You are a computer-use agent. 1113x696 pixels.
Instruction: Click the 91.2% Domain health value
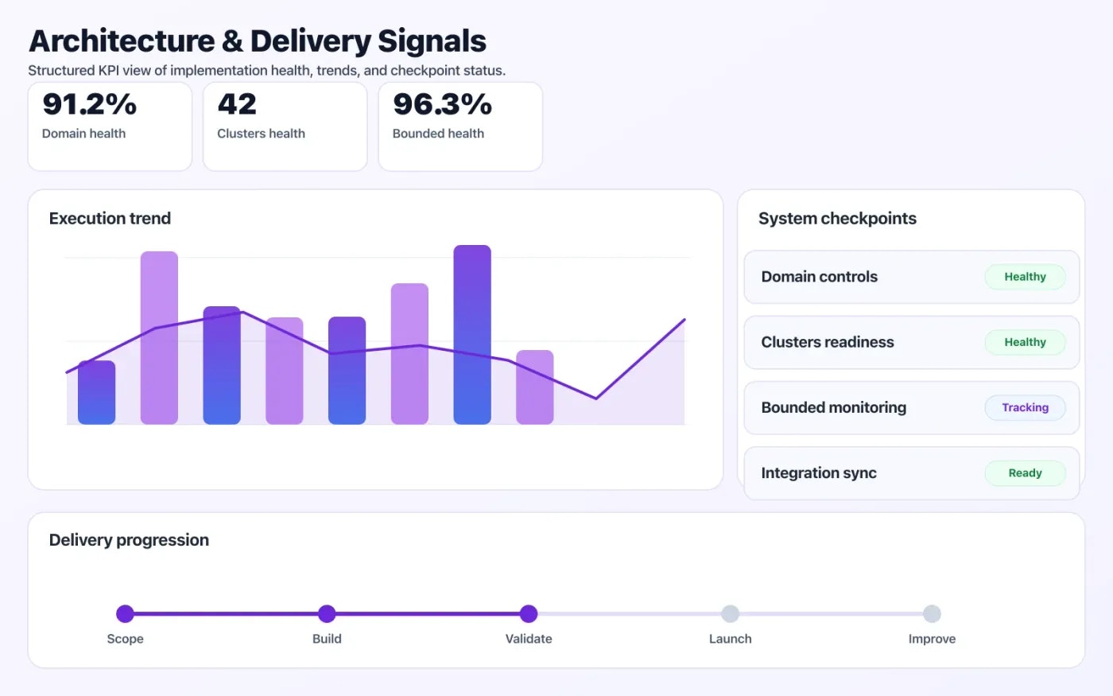click(x=89, y=105)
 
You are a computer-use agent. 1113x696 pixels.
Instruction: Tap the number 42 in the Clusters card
click(x=237, y=105)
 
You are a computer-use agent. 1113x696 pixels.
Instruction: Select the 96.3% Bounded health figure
click(x=442, y=105)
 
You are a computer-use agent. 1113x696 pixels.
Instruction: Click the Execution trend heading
click(x=110, y=219)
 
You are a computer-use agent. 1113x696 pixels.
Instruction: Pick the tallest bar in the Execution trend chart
click(x=472, y=334)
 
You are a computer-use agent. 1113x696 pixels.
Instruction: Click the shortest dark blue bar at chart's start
click(x=96, y=392)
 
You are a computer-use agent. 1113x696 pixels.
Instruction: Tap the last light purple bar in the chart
click(x=534, y=387)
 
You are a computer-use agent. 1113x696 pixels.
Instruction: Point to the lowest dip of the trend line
click(x=595, y=398)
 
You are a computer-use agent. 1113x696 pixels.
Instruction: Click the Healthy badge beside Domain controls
click(x=1025, y=277)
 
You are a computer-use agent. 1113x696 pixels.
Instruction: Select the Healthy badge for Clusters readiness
click(x=1025, y=342)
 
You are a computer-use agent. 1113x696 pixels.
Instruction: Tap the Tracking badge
click(x=1025, y=407)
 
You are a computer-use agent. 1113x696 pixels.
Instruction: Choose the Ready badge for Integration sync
click(x=1025, y=472)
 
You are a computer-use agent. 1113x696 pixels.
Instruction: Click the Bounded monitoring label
click(x=833, y=407)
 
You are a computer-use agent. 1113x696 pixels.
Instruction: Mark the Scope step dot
click(x=125, y=613)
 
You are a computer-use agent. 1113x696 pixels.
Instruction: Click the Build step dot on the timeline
click(x=327, y=613)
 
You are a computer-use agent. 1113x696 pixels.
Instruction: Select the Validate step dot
click(x=529, y=613)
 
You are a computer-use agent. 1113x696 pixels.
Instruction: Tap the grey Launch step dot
click(x=730, y=613)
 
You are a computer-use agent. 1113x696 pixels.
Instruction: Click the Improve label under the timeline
click(x=932, y=639)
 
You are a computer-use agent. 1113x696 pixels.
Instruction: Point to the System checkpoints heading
click(x=837, y=219)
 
